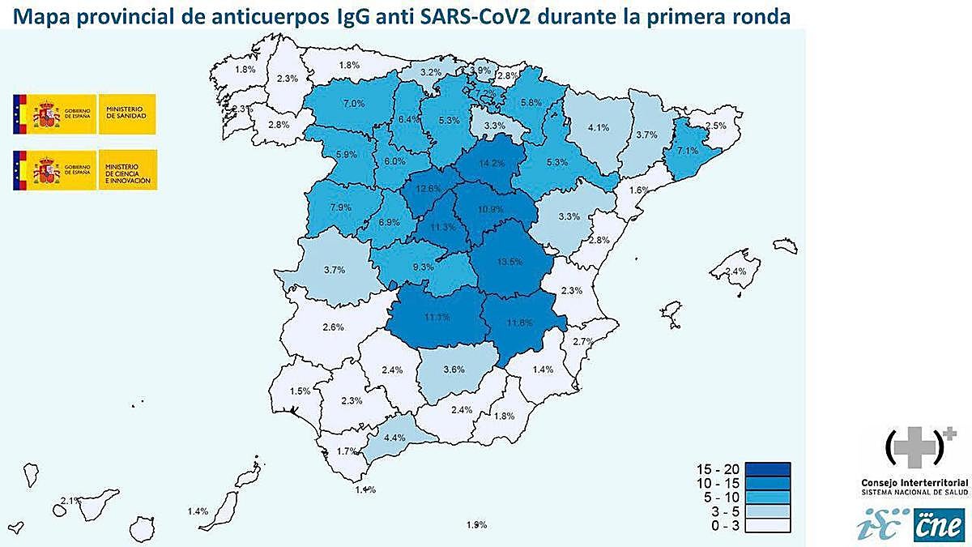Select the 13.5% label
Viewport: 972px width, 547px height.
point(509,261)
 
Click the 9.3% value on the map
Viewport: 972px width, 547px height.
point(423,267)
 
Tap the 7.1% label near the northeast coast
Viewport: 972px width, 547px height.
point(686,151)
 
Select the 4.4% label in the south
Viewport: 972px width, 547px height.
point(394,438)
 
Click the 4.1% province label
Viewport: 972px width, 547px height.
point(599,127)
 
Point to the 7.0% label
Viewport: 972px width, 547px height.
point(353,104)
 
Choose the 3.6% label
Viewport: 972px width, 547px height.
point(454,369)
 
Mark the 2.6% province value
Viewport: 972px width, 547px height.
point(333,327)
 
